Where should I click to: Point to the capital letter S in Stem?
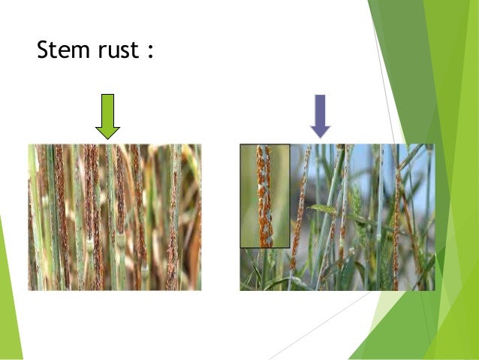(x=44, y=51)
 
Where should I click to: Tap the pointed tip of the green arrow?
(x=107, y=138)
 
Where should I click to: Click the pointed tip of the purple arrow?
(x=321, y=137)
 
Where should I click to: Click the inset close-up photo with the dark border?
(x=264, y=195)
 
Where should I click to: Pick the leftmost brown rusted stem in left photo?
(x=34, y=225)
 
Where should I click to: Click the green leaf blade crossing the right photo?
(x=330, y=211)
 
